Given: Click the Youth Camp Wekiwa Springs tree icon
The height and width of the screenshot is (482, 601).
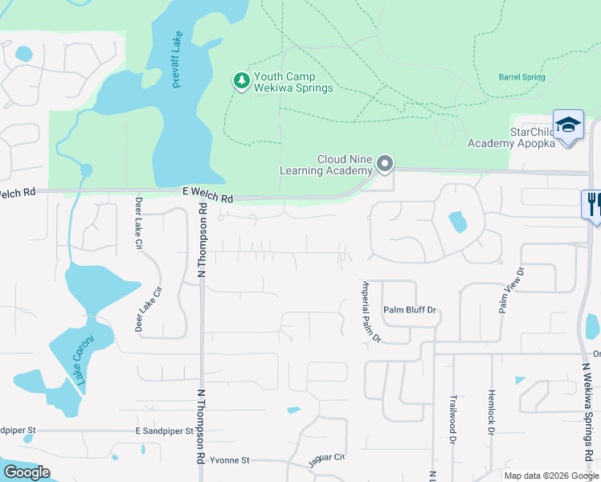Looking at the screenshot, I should click(240, 81).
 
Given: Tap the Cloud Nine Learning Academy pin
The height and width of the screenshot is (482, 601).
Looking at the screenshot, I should click(385, 164).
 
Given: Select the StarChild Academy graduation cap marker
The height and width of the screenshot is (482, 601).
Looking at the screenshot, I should click(568, 125).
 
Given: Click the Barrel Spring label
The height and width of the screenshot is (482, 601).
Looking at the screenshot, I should click(521, 78).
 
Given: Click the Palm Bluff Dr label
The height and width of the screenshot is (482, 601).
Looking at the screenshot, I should click(409, 309).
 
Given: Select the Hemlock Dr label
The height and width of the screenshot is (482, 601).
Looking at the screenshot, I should click(490, 412).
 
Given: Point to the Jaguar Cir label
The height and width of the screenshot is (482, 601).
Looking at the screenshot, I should click(326, 461).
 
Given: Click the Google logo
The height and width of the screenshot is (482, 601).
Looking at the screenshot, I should click(27, 472).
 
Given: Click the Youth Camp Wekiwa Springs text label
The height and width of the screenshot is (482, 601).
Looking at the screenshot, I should click(292, 82).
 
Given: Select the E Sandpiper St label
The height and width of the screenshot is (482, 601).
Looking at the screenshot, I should click(165, 431).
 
